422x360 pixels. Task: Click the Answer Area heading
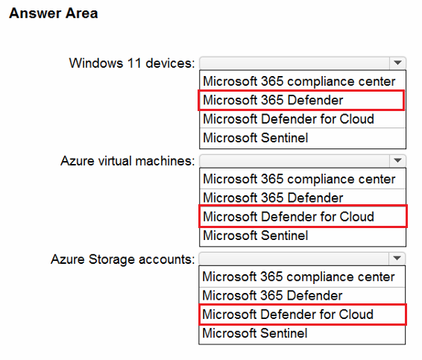click(x=53, y=13)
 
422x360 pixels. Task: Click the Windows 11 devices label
click(x=132, y=63)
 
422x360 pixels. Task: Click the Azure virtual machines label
click(x=127, y=161)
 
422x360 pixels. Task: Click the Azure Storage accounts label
click(x=123, y=259)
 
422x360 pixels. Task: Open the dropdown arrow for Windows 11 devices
click(x=397, y=63)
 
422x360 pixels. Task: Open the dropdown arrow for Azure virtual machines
click(x=397, y=161)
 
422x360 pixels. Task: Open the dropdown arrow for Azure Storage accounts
click(x=397, y=259)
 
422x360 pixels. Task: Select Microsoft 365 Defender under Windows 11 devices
click(x=273, y=100)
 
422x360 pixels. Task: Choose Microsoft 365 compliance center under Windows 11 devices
click(x=299, y=81)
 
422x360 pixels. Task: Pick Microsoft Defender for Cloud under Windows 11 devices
click(x=289, y=119)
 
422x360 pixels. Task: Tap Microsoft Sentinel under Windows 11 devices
click(x=256, y=138)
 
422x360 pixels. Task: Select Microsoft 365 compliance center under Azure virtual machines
click(x=299, y=179)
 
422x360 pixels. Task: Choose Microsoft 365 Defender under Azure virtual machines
click(x=273, y=198)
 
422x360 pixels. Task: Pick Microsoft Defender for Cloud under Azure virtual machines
click(x=289, y=217)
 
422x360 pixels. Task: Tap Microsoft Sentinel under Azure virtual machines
click(x=256, y=236)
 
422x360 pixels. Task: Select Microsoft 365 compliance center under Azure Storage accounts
click(x=298, y=277)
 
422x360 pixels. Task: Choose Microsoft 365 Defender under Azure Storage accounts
click(x=272, y=295)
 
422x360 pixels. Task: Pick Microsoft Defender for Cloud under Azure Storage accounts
click(x=288, y=315)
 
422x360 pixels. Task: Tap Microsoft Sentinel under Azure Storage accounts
click(x=255, y=333)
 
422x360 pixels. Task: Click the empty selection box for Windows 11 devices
click(x=295, y=63)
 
